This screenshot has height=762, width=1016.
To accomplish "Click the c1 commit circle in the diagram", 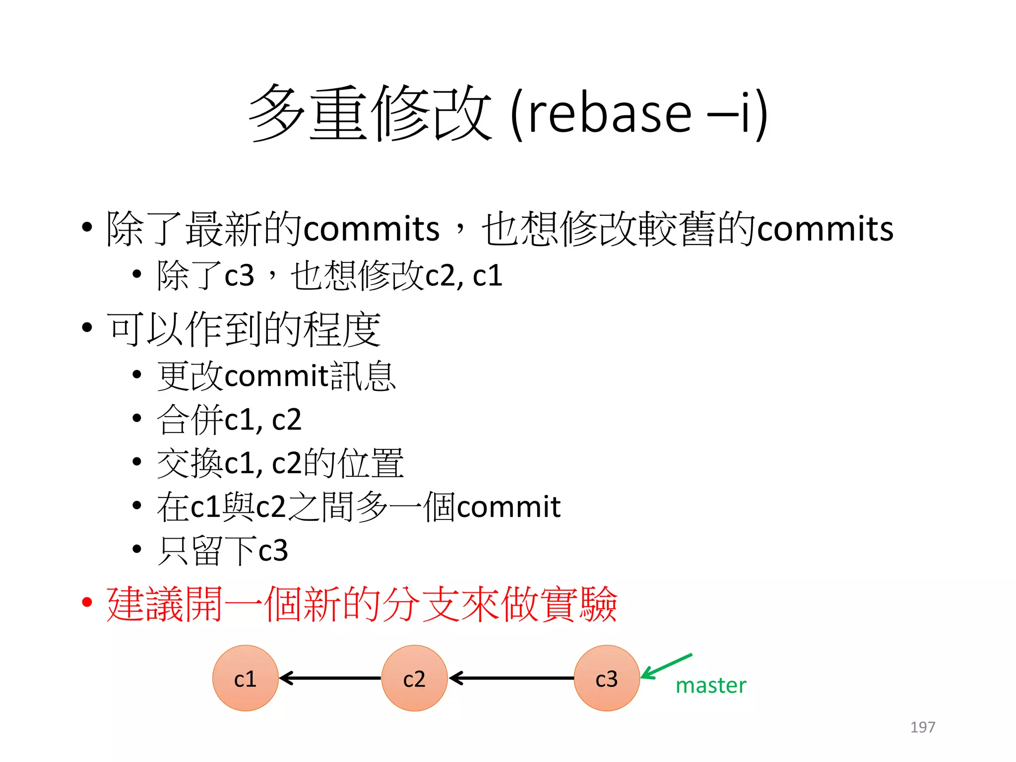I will click(245, 678).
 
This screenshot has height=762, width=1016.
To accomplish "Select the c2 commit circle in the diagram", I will click(414, 678).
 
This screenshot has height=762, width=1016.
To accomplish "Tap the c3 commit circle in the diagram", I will click(606, 678).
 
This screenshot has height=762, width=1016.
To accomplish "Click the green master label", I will click(710, 686).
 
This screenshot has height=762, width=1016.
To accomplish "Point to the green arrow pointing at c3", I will click(666, 666).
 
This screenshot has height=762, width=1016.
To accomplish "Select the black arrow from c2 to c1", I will click(330, 678).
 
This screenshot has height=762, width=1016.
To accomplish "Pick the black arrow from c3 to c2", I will click(511, 678).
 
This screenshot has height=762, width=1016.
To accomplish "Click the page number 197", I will click(922, 727).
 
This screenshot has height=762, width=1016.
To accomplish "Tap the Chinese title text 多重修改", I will click(370, 113).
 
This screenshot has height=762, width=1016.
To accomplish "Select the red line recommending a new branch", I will click(361, 604).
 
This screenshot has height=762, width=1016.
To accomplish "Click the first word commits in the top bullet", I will click(371, 229).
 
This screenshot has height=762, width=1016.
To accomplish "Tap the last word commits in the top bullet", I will click(825, 229).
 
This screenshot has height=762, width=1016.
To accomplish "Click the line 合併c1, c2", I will click(229, 420).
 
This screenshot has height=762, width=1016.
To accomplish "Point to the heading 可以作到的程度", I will click(244, 329).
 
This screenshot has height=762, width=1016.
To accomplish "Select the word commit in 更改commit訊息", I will click(276, 376).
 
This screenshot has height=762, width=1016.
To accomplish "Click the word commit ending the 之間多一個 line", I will click(508, 507).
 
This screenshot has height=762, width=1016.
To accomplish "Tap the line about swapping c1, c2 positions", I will click(280, 463).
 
